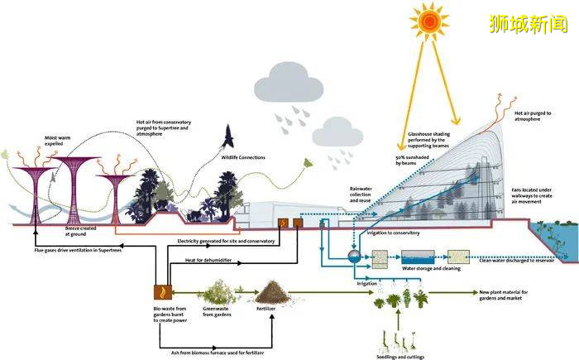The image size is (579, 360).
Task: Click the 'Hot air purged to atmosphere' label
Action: click(x=535, y=116)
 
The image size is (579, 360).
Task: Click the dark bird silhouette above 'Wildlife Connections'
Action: click(x=228, y=135)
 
